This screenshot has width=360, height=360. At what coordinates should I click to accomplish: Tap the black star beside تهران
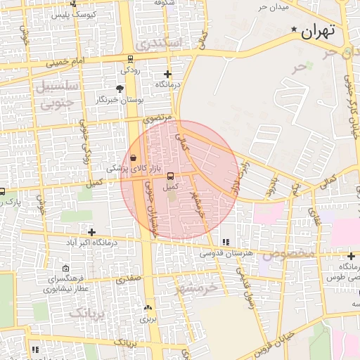pyautogui.click(x=294, y=30)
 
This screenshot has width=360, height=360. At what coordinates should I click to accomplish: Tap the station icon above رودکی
pyautogui.click(x=130, y=60)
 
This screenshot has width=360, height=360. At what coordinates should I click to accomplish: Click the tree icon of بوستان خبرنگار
pyautogui.click(x=120, y=89)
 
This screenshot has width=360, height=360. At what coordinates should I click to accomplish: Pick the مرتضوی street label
pyautogui.click(x=158, y=120)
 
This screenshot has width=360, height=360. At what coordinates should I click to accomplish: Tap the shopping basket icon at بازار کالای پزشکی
pyautogui.click(x=134, y=157)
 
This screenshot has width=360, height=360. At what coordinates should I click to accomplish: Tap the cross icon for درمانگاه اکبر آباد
pyautogui.click(x=91, y=232)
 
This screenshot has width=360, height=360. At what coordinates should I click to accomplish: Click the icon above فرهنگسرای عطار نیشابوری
pyautogui.click(x=66, y=268)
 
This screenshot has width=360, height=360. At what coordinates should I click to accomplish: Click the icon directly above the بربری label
pyautogui.click(x=148, y=308)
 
